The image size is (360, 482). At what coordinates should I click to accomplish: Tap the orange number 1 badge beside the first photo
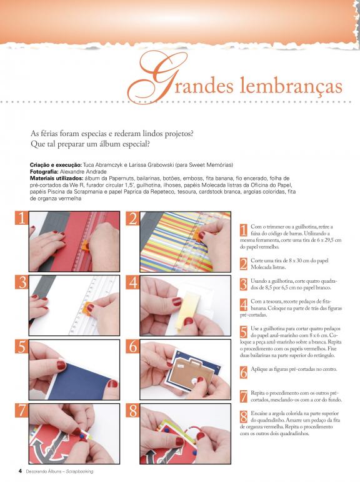21,218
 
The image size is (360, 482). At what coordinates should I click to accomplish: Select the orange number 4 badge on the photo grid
132,282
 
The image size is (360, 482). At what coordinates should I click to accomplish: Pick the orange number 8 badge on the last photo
132,410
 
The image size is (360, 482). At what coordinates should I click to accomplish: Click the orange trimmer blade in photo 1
85,246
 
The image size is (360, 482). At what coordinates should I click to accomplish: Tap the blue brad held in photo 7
82,436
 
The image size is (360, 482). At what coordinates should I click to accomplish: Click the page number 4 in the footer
20,471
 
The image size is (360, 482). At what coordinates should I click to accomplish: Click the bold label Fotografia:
44,172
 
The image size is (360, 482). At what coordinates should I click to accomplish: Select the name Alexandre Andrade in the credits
83,172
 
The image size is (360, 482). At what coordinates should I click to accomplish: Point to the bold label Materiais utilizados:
57,179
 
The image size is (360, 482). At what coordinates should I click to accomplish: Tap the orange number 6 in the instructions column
243,372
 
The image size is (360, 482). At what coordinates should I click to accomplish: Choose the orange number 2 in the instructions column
243,263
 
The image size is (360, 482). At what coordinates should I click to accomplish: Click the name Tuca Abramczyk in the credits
102,165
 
